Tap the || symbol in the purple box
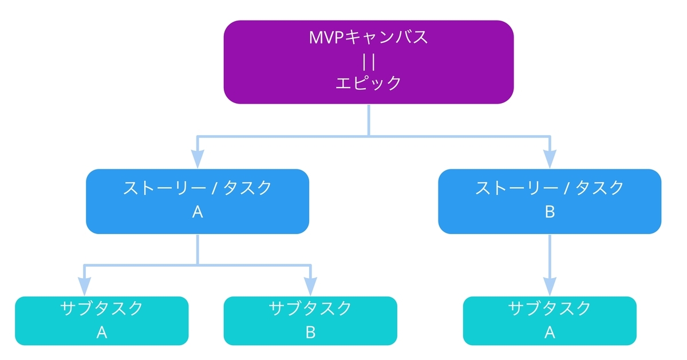click(x=368, y=61)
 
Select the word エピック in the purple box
click(x=368, y=83)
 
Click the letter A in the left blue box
click(x=198, y=212)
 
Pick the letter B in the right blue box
click(x=550, y=212)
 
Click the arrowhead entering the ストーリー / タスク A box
click(x=198, y=159)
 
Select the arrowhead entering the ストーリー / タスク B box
click(x=550, y=159)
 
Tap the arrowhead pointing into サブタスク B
click(x=310, y=286)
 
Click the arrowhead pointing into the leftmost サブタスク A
click(x=85, y=286)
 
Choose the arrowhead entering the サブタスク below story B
click(x=550, y=286)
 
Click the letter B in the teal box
click(x=310, y=333)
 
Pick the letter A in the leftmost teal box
click(x=102, y=333)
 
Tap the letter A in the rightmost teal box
click(x=550, y=333)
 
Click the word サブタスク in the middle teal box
click(x=310, y=308)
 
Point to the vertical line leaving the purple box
click(x=368, y=119)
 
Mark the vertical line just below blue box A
click(x=198, y=248)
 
